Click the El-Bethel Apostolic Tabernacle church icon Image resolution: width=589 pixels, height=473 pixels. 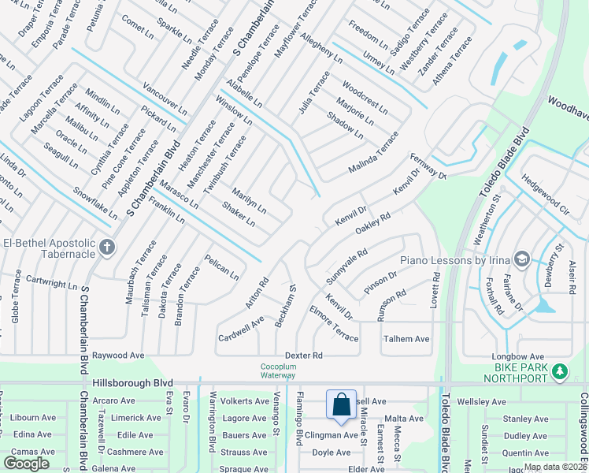click(x=108, y=248)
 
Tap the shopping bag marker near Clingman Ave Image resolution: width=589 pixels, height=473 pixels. click(x=342, y=405)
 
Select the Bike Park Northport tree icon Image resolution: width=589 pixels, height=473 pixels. click(x=560, y=371)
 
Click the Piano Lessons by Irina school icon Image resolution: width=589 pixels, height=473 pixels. click(x=520, y=259)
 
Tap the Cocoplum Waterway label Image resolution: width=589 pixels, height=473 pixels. click(x=278, y=371)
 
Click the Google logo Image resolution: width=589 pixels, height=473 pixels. click(x=26, y=464)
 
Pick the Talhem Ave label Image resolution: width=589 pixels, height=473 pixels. click(x=406, y=339)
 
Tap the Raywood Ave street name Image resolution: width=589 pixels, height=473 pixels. click(x=118, y=356)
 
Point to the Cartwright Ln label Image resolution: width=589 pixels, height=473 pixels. click(x=51, y=281)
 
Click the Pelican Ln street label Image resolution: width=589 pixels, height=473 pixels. click(x=221, y=267)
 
